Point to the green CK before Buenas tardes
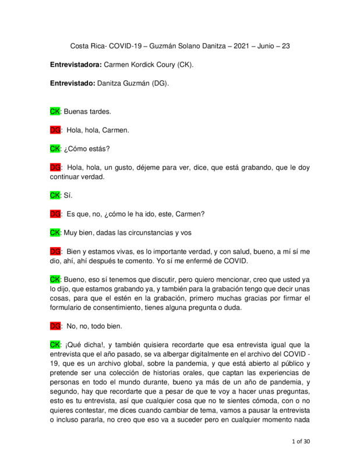click(55, 111)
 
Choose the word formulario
click(69, 308)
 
